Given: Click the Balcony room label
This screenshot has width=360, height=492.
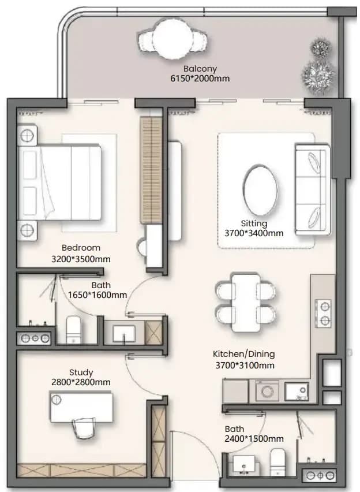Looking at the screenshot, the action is point(200,68).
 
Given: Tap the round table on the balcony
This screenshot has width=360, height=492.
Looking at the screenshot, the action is point(172,38).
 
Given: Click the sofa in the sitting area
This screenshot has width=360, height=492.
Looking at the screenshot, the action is point(312,189).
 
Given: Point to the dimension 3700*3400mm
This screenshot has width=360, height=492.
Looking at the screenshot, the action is point(254,233).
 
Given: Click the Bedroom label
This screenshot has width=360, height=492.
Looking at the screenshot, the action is point(81,248).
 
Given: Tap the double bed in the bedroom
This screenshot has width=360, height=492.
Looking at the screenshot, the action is point(59,182).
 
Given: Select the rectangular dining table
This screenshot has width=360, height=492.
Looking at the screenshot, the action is point(246,303).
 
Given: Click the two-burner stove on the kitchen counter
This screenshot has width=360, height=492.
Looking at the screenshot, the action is point(323,313).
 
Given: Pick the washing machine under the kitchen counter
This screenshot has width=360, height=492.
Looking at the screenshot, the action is point(267,391).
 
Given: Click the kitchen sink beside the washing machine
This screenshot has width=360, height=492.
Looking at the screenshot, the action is point(297,392).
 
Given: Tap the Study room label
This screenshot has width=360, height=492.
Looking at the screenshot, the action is point(81,372).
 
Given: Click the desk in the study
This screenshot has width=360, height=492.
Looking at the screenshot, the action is point(81,407).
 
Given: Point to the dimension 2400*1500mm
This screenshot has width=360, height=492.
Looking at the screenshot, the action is point(254,439).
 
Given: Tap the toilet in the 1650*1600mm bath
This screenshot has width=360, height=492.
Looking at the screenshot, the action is point(74,330).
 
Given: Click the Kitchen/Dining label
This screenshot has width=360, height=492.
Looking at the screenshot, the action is point(243,354).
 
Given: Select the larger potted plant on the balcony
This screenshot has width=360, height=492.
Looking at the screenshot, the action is point(318,76).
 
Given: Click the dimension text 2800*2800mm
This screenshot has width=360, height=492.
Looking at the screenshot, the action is point(81,382).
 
